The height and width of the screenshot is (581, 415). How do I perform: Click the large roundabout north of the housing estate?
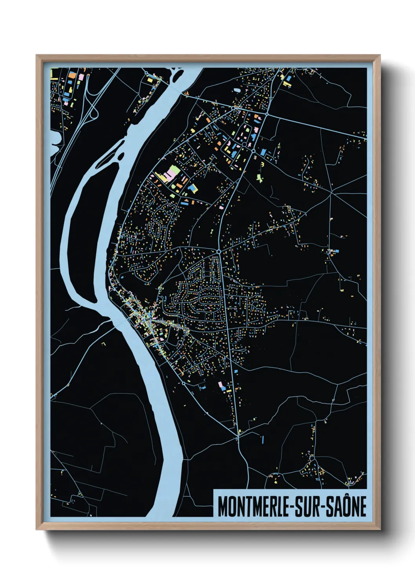[x=218, y=251]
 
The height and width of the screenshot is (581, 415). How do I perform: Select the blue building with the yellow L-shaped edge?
[x=193, y=189]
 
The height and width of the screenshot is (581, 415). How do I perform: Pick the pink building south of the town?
[x=220, y=384]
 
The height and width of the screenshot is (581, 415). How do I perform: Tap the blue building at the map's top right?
[x=289, y=79]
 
